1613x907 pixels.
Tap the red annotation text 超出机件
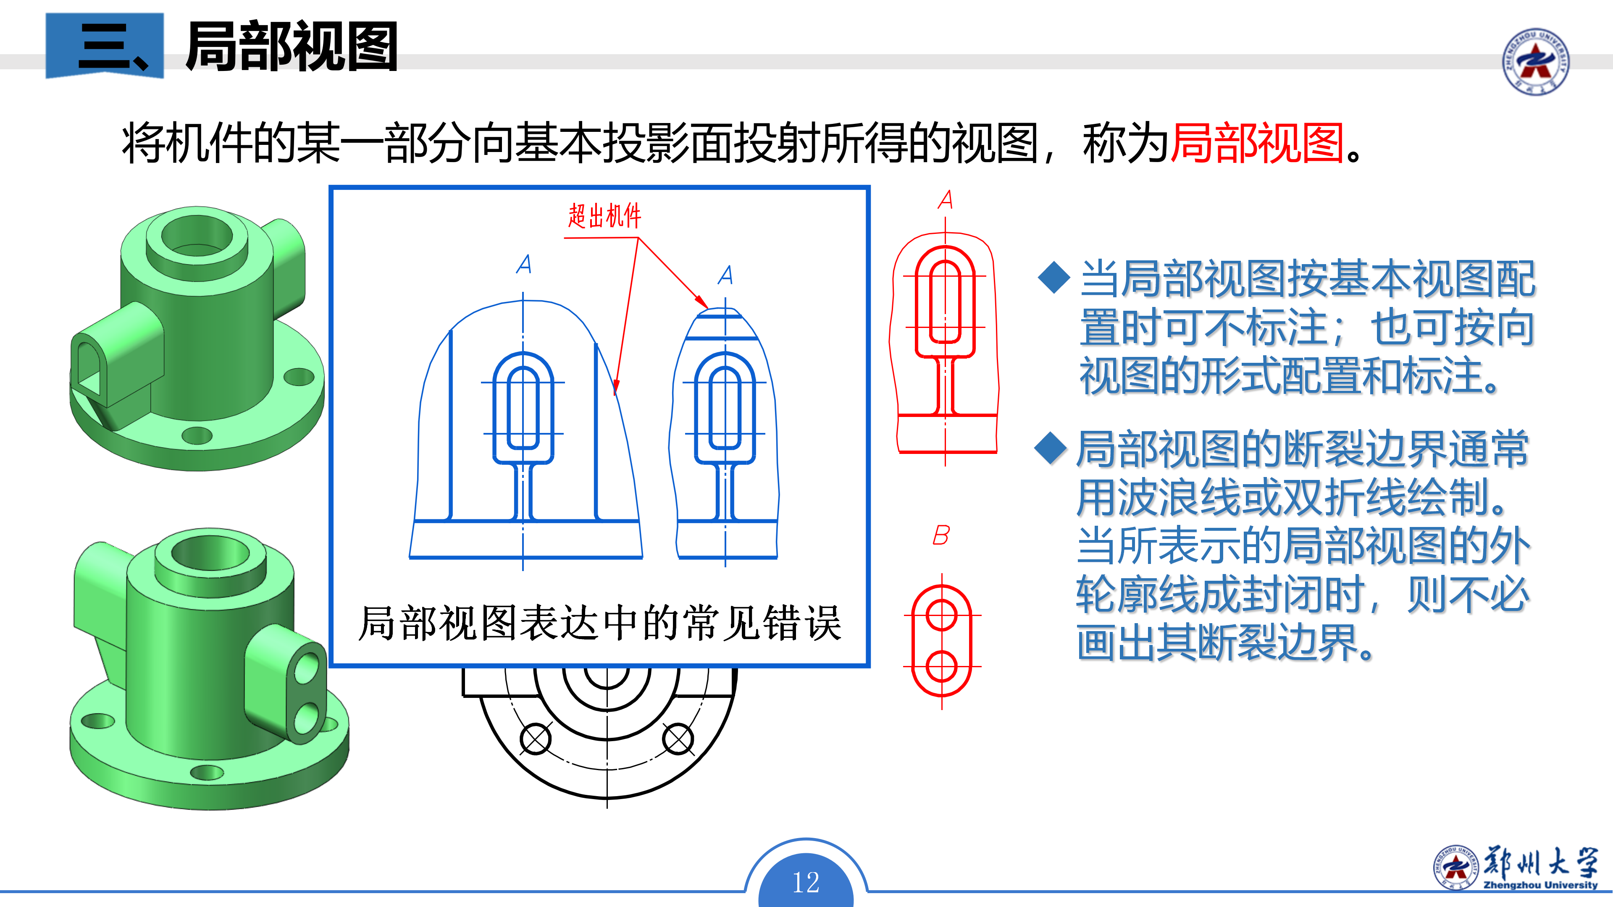tap(604, 216)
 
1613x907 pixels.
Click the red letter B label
tap(940, 535)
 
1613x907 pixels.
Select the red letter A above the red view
tap(946, 200)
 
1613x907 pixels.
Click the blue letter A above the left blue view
tap(524, 264)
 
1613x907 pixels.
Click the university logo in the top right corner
tap(1535, 61)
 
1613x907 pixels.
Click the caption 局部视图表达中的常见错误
tap(599, 624)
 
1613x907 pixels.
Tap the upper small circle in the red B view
tap(941, 615)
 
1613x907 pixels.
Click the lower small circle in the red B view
tap(941, 666)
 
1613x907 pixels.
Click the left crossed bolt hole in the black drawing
tap(536, 739)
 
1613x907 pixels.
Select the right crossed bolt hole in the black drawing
tap(678, 739)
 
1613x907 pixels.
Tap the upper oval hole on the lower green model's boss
tap(306, 667)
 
